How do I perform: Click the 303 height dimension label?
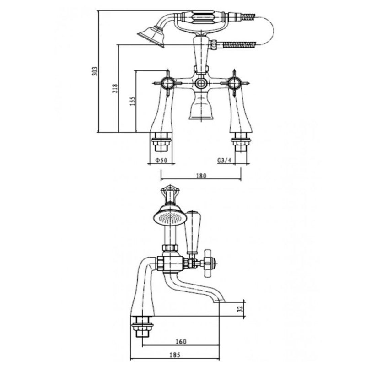coord(95,71)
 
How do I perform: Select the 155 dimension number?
coord(132,101)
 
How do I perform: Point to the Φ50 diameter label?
coord(161,161)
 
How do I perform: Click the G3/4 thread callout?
coord(223,161)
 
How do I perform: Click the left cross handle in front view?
coord(167,83)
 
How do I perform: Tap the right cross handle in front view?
coord(234,83)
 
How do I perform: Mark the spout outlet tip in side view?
coord(220,300)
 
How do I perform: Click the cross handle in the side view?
coord(210,262)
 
